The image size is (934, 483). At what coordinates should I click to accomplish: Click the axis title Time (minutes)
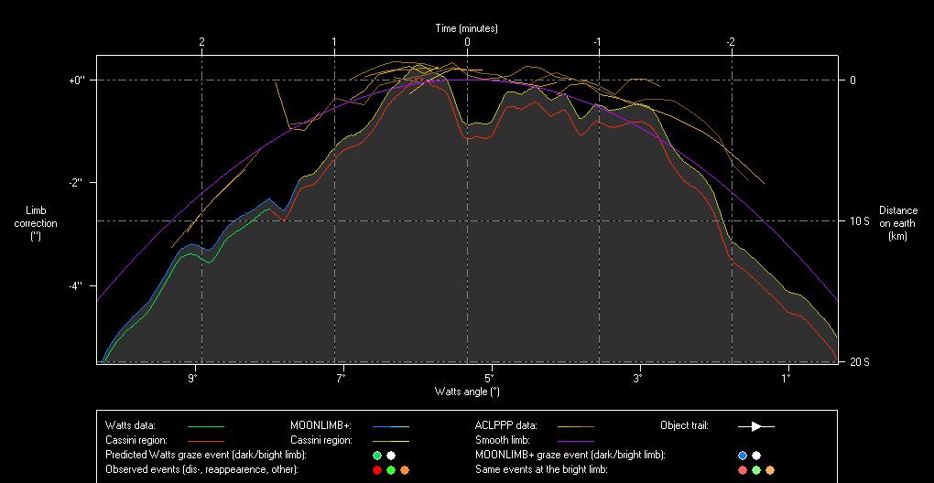[x=466, y=28]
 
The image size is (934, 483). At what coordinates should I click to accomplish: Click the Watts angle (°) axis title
[x=467, y=392]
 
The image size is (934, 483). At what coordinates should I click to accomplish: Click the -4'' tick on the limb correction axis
[x=75, y=285]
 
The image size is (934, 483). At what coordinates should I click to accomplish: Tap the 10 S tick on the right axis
[x=858, y=221]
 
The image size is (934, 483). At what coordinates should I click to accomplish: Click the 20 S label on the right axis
[x=858, y=362]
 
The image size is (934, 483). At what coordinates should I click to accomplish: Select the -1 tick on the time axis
[x=597, y=42]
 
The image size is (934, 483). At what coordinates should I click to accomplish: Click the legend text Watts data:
[x=131, y=425]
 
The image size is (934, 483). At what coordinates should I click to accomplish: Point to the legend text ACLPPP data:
[x=506, y=425]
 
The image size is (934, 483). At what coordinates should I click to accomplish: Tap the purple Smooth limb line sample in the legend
[x=575, y=441]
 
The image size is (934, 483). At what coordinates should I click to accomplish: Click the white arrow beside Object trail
[x=756, y=426]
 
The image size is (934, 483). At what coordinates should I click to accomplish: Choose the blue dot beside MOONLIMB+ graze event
[x=743, y=456]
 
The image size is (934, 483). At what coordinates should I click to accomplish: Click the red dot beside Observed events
[x=377, y=470]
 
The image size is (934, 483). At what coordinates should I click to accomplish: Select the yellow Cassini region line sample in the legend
[x=390, y=441]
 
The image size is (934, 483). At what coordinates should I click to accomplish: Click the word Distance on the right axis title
[x=897, y=210]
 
